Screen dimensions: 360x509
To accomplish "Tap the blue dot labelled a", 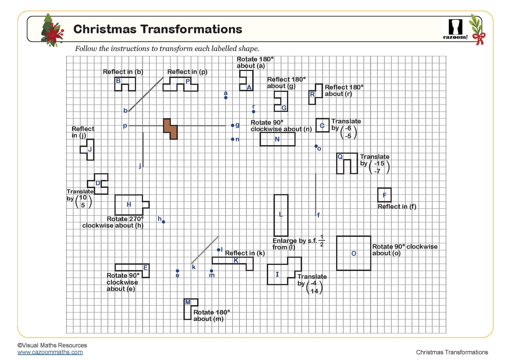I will click(226, 98).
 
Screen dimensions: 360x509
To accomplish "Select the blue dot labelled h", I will click(163, 222).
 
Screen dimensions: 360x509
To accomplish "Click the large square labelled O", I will click(354, 253).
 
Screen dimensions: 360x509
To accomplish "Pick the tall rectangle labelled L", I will click(281, 215).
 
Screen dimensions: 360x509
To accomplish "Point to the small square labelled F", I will click(384, 195).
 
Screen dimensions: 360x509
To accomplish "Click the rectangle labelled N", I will click(277, 139).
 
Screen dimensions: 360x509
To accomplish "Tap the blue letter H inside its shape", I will click(129, 205).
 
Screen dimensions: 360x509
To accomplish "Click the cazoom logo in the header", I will click(455, 29).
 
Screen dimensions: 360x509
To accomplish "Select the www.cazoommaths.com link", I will click(50, 352).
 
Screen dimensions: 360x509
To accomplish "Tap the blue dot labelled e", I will click(177, 271).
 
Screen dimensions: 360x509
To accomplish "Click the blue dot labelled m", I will click(211, 271).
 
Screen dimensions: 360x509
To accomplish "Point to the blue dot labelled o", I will click(316, 146).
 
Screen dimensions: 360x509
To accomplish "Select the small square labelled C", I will click(322, 125).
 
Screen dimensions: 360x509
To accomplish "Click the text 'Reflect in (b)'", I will click(123, 72).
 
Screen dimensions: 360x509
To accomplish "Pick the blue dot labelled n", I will click(233, 139).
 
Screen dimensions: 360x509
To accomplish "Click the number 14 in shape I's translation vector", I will click(314, 291).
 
